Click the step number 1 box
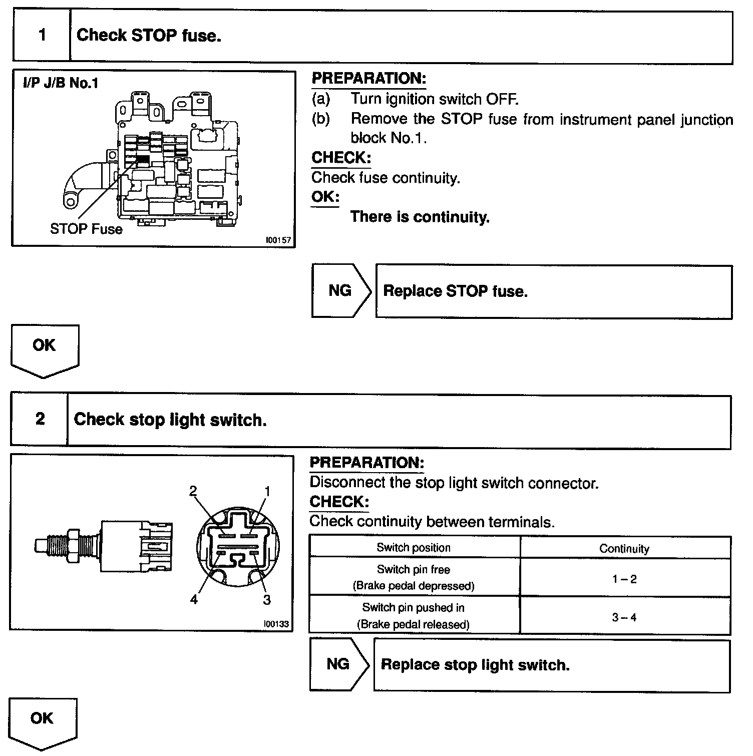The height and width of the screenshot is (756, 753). coord(42,36)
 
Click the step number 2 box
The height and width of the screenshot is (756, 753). coord(40,419)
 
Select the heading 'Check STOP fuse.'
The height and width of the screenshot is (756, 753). coord(149,36)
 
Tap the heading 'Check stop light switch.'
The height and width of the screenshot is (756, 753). coord(170,420)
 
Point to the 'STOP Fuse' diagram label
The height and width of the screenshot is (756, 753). coord(86,229)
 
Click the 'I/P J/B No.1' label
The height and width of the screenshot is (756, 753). coord(61,83)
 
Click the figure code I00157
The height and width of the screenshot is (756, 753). coord(278,240)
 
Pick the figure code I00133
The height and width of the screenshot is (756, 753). coord(276,624)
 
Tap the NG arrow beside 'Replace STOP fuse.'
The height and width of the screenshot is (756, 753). coord(341,291)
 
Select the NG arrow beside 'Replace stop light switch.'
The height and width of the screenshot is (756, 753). coord(339,664)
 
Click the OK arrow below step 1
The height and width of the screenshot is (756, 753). coord(44,349)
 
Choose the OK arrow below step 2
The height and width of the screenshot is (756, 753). coord(42,722)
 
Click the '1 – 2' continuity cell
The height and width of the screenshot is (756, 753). coord(624,579)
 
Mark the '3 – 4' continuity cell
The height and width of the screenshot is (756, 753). coord(624,617)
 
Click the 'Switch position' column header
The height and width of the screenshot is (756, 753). coord(414,548)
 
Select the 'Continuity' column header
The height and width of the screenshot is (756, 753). coord(624,549)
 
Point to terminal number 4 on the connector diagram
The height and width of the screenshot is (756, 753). coord(194,599)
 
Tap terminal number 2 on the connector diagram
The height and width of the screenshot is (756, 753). coord(193,491)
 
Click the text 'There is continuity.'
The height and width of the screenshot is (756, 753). coord(420,217)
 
